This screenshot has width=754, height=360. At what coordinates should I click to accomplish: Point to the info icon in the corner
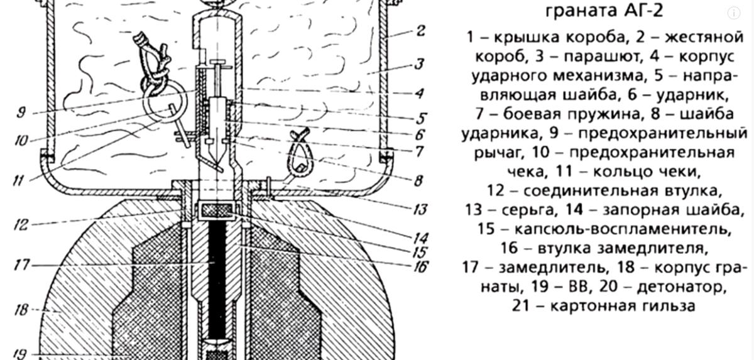[x=733, y=13]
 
